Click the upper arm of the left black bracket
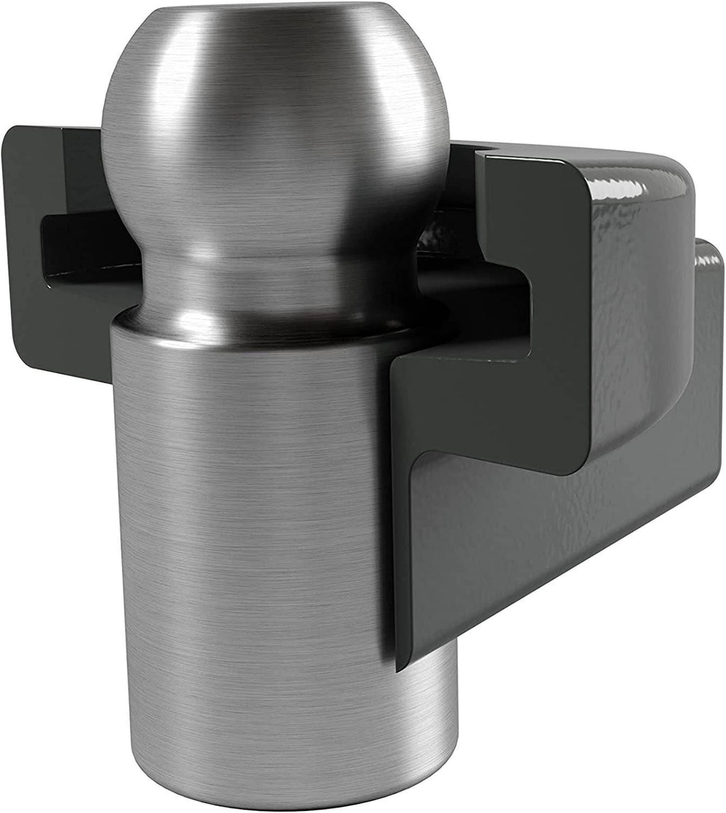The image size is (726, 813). coord(57,170)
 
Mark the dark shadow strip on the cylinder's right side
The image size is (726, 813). coord(379,532)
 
